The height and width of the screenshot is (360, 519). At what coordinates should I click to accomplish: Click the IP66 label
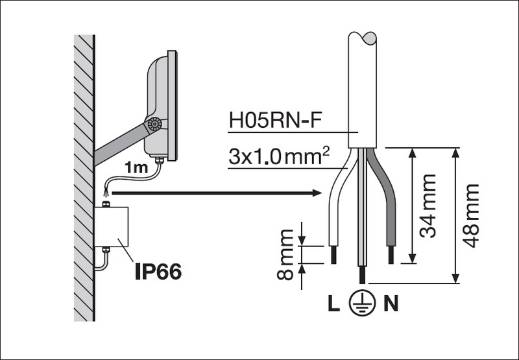[x=158, y=270]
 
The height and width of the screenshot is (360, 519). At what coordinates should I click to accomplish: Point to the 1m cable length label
[x=136, y=168]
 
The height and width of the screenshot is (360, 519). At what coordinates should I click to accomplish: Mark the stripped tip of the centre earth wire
[x=361, y=275]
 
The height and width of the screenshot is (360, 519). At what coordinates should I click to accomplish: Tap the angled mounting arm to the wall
[x=120, y=144]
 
